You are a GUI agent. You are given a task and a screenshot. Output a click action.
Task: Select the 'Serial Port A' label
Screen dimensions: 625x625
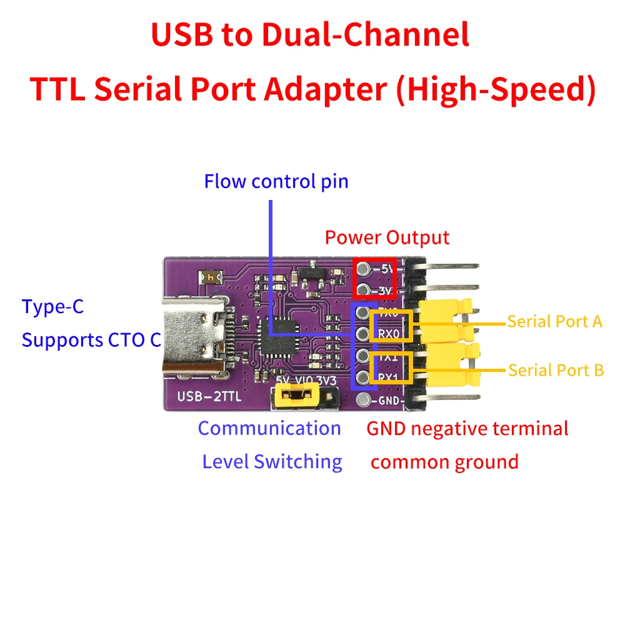coord(554,321)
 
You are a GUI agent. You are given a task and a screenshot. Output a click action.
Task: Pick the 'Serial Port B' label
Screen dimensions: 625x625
coord(556,370)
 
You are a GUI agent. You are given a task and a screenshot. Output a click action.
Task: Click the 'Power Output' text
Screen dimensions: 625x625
coord(387,238)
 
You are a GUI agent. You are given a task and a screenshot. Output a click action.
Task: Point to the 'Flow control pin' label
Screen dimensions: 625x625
coord(276,182)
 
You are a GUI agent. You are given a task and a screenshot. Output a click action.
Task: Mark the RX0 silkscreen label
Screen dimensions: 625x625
coord(389,332)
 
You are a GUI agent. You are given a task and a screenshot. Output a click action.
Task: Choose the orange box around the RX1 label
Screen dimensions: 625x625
coord(392,367)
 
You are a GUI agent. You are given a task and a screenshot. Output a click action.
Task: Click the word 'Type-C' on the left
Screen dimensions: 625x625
coord(52,307)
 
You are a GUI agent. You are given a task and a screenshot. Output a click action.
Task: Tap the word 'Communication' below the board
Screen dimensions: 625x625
coord(269,429)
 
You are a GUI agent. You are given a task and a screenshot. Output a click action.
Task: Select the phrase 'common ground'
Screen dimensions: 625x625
coord(444,462)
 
